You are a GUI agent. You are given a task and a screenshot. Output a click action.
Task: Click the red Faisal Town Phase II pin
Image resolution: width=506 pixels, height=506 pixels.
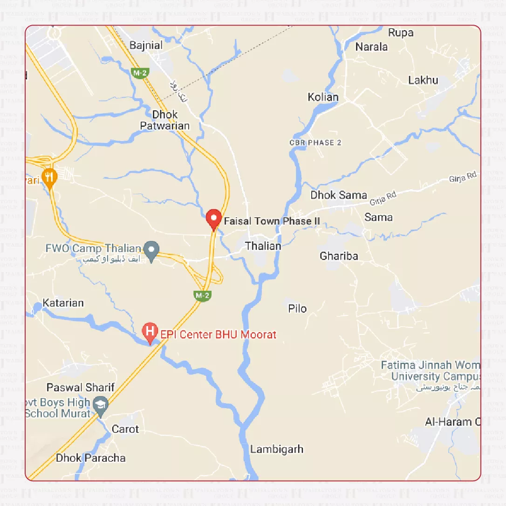click(x=214, y=218)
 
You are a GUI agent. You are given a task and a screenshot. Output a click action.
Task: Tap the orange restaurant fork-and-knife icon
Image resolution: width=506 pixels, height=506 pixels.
click(x=49, y=177)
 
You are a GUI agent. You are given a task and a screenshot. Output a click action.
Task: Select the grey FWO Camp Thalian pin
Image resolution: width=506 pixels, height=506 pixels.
click(x=151, y=250)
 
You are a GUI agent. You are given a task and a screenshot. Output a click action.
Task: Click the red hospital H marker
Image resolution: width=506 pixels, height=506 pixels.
click(x=150, y=332)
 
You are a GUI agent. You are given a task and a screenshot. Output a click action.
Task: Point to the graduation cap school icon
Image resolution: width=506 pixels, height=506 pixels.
click(x=101, y=404)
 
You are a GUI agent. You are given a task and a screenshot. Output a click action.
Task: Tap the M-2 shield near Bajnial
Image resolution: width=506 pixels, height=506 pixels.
click(x=140, y=73)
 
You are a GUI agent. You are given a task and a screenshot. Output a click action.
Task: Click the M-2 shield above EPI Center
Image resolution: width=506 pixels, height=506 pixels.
click(x=203, y=295)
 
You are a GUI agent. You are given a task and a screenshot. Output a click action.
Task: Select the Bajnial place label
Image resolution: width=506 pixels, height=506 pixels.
click(x=146, y=45)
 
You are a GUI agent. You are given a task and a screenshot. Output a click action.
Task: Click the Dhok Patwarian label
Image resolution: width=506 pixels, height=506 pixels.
click(x=165, y=120)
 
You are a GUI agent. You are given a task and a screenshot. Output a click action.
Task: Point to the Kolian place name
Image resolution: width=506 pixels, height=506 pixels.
click(x=323, y=97)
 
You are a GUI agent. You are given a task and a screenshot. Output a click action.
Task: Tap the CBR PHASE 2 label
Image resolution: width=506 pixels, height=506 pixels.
click(x=315, y=143)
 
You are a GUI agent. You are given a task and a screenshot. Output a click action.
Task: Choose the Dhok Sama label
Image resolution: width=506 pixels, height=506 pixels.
click(x=339, y=195)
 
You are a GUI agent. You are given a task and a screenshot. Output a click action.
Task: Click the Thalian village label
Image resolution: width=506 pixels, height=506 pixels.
click(x=263, y=246)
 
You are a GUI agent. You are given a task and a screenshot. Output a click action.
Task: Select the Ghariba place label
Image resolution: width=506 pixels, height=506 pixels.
click(x=339, y=256)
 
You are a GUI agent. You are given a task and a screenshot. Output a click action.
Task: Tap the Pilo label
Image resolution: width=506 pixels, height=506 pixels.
click(x=297, y=308)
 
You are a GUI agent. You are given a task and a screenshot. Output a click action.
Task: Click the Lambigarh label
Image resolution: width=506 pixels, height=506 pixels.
click(x=277, y=449)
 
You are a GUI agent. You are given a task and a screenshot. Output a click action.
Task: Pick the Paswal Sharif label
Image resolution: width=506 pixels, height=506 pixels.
click(x=81, y=388)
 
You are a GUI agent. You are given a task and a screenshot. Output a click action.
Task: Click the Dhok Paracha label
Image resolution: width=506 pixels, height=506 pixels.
click(x=90, y=458)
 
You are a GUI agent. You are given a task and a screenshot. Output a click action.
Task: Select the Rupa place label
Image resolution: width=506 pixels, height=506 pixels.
click(x=401, y=33)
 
